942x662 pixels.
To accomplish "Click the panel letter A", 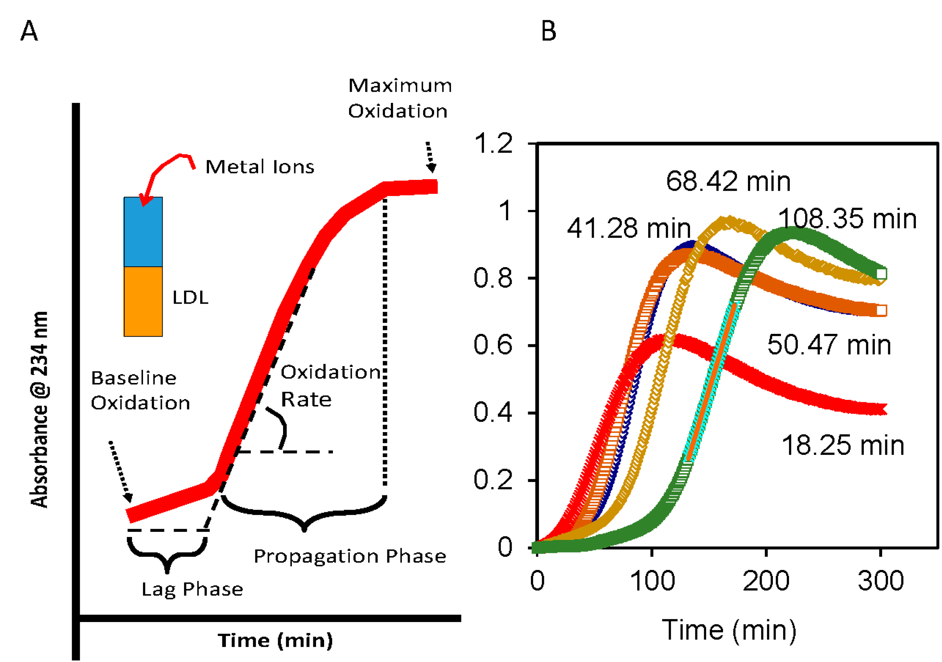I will (29, 31).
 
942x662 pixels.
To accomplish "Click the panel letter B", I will (548, 31).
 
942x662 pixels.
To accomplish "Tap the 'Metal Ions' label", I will (260, 167).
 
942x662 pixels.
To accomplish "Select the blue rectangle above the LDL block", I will (143, 232).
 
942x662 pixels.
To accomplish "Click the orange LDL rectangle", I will (143, 302).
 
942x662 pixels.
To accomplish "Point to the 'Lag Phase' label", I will (193, 589).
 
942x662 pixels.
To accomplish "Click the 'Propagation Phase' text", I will (350, 556).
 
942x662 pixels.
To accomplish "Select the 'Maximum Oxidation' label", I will (400, 99).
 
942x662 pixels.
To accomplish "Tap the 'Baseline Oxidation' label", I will (140, 390).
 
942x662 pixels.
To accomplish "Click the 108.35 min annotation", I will (847, 218).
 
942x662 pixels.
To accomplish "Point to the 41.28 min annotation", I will (629, 228).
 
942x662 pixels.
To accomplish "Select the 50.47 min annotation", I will (829, 345).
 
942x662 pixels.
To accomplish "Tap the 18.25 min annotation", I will (843, 446).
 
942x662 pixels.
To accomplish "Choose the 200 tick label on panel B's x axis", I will (766, 581).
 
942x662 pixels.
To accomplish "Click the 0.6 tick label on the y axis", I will (493, 345).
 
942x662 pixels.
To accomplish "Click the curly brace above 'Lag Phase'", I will (167, 554).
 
